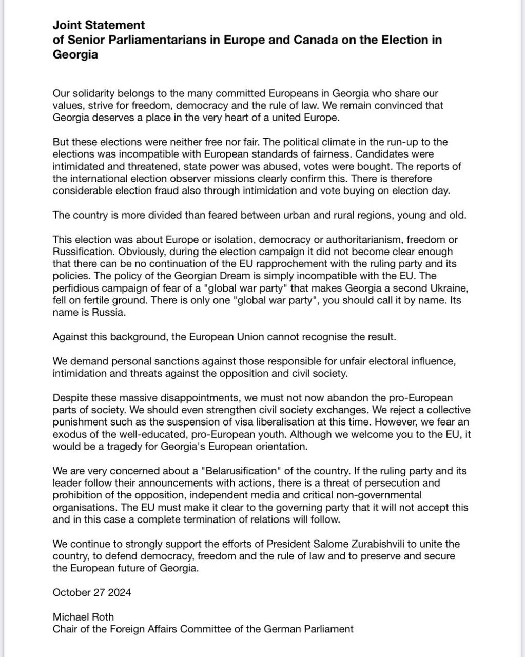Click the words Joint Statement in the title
pyautogui.click(x=99, y=25)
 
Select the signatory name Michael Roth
pyautogui.click(x=83, y=617)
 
